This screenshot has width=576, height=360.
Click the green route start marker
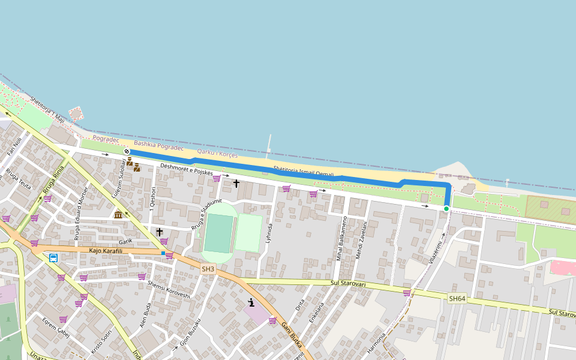pyautogui.click(x=446, y=209)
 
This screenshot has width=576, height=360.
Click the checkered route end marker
pyautogui.click(x=127, y=151)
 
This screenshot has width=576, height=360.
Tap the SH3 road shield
pyautogui.click(x=208, y=269)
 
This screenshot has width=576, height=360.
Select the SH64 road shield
pyautogui.click(x=457, y=298)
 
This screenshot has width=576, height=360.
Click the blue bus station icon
pyautogui.click(x=53, y=258)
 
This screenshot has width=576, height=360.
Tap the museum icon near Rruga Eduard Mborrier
pyautogui.click(x=118, y=215)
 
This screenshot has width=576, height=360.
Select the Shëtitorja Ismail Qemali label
pyautogui.click(x=303, y=172)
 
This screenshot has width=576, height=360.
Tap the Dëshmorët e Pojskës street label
pyautogui.click(x=187, y=169)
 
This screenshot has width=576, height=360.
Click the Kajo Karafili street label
pyautogui.click(x=106, y=251)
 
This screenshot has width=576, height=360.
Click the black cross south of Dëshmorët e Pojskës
pyautogui.click(x=236, y=183)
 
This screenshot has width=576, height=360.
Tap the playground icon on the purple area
pyautogui.click(x=251, y=302)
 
